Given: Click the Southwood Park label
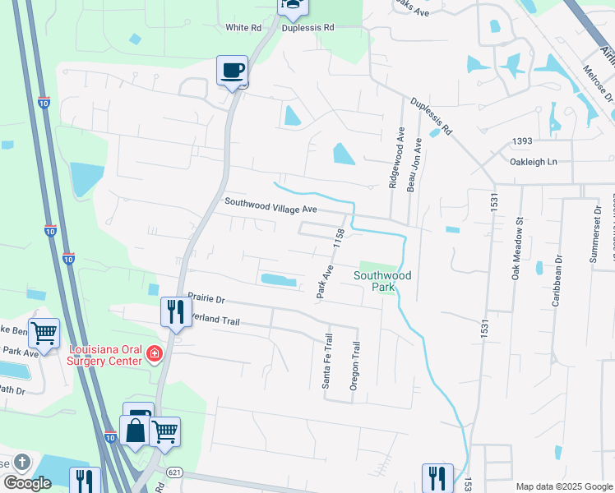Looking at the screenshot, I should click(381, 281).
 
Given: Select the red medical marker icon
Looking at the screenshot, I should click(154, 354).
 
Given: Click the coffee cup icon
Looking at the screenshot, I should click(233, 71).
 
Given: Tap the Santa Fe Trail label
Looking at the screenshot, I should click(327, 360).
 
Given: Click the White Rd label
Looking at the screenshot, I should click(243, 28).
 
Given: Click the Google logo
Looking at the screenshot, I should click(27, 482).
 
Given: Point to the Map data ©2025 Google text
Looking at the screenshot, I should click(563, 486).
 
